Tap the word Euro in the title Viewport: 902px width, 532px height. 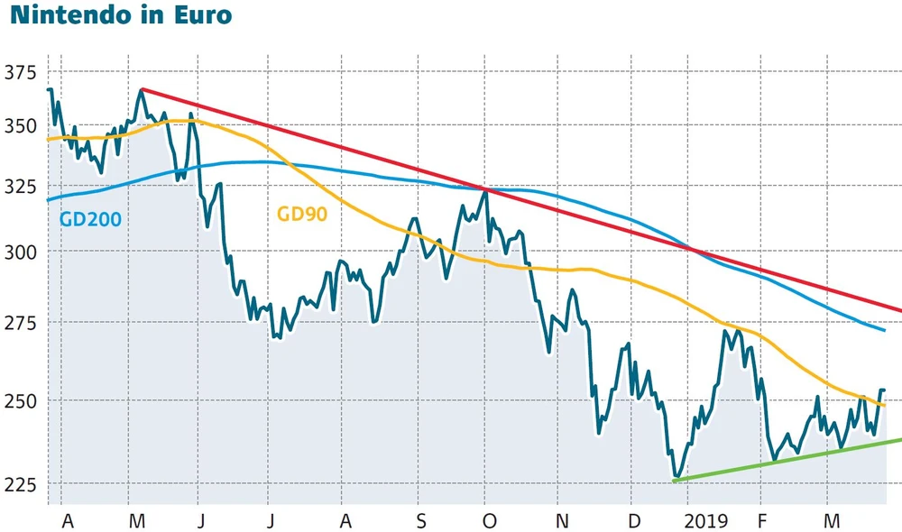click(204, 15)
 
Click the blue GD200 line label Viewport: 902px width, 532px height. click(89, 218)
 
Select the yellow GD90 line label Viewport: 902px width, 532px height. click(301, 215)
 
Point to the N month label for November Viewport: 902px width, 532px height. click(562, 520)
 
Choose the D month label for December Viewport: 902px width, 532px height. click(635, 520)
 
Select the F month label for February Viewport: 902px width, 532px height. click(763, 520)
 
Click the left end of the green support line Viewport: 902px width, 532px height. click(675, 481)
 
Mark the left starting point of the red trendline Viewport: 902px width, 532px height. click(142, 89)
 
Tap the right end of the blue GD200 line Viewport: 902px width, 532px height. click(885, 330)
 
